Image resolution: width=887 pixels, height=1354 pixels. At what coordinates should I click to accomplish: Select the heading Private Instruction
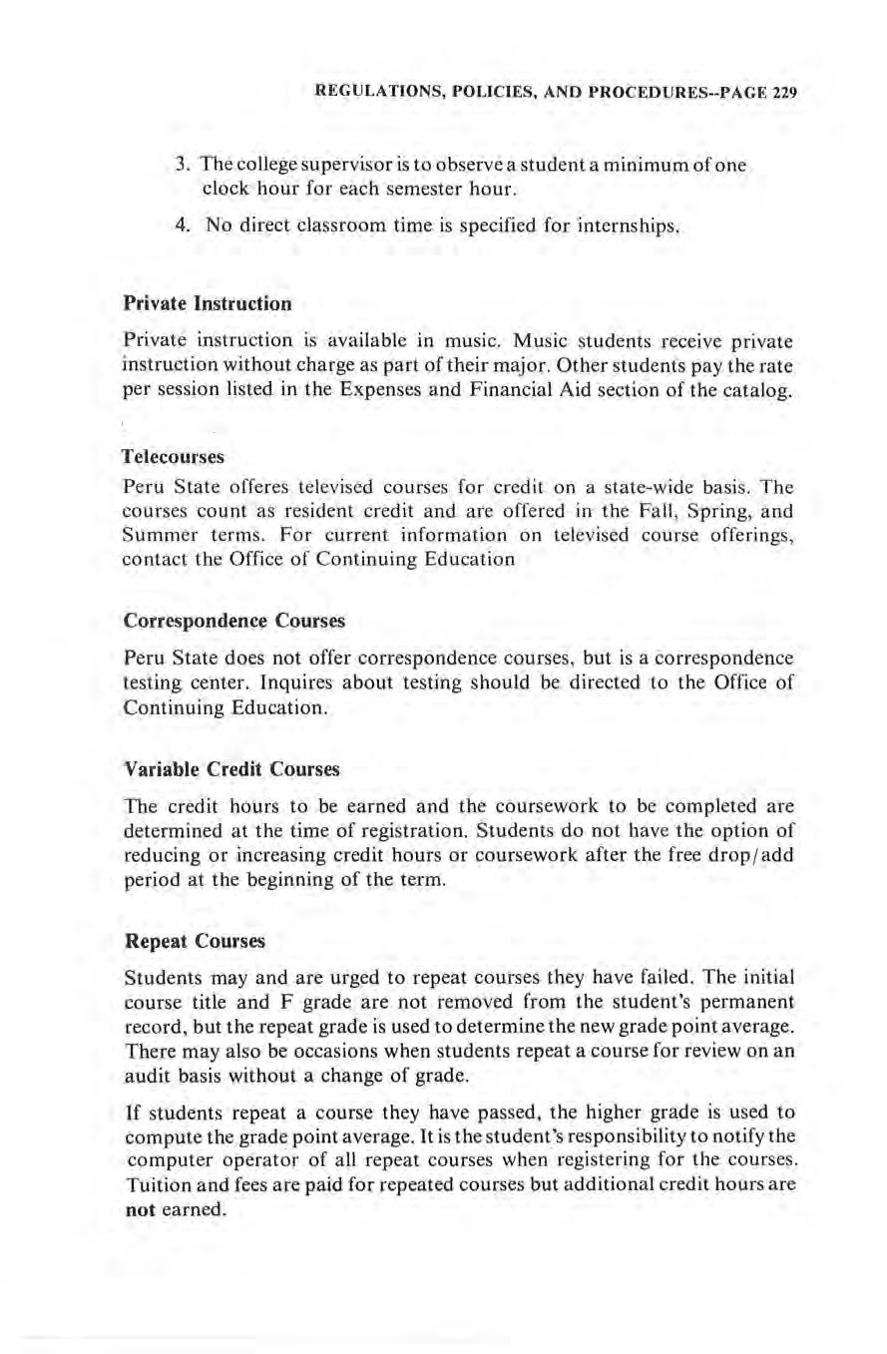click(207, 300)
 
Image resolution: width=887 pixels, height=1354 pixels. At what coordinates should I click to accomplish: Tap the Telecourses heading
click(175, 456)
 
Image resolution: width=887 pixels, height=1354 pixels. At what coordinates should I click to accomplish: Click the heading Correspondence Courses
click(234, 620)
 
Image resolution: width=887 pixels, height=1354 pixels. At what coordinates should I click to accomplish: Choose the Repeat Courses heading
click(195, 941)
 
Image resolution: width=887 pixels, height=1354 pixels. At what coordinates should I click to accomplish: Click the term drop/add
click(754, 853)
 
